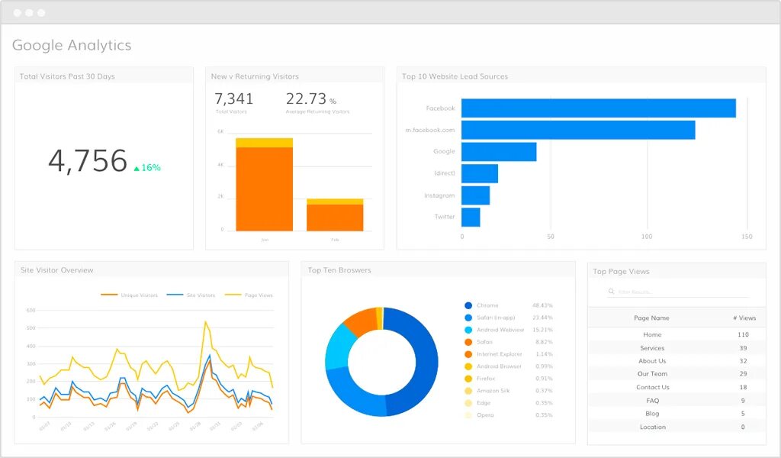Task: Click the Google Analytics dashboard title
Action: tap(72, 45)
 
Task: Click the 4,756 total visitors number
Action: tap(88, 161)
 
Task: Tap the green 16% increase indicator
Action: tap(147, 167)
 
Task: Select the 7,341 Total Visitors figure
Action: tap(233, 99)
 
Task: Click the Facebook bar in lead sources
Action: tap(598, 108)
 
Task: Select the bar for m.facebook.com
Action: tap(577, 131)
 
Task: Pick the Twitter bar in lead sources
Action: tap(471, 218)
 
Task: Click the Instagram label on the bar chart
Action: tap(439, 195)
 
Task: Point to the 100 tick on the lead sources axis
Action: tap(647, 237)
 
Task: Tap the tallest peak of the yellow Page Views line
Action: tap(205, 322)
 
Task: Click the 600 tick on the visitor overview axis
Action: tap(31, 311)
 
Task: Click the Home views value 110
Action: tap(743, 334)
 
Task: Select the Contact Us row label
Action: tap(652, 387)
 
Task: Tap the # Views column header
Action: tap(743, 318)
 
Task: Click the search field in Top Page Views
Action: tap(677, 292)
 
